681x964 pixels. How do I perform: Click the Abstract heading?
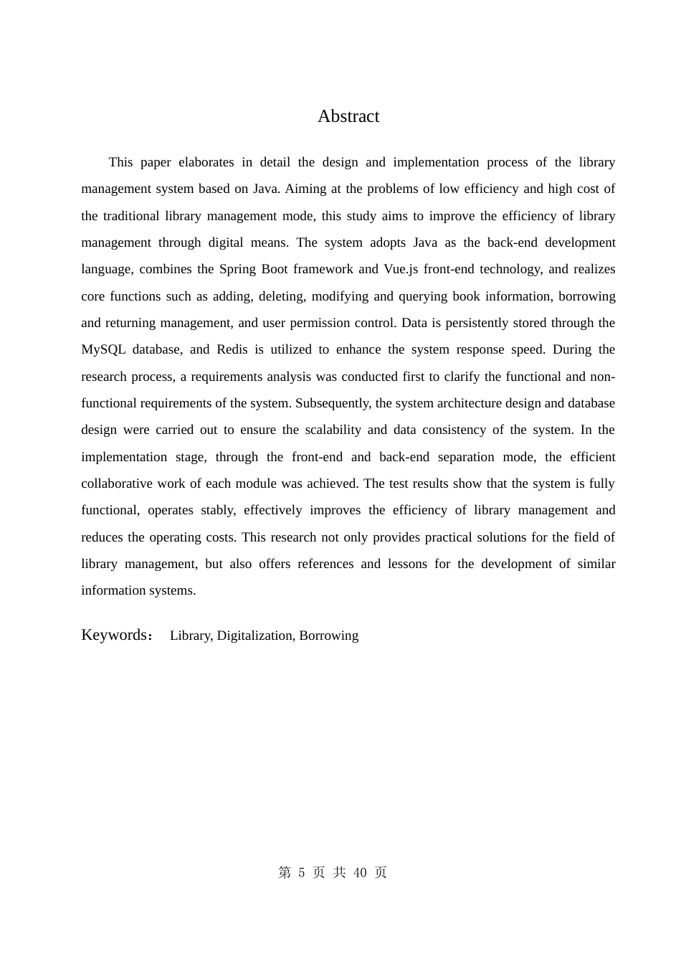click(348, 116)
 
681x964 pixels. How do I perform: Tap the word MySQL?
click(103, 349)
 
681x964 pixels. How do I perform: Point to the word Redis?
click(232, 349)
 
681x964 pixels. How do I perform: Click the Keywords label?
click(114, 635)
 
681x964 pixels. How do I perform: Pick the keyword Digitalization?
click(255, 635)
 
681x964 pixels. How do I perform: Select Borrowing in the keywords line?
click(328, 635)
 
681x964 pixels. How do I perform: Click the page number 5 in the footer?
click(302, 872)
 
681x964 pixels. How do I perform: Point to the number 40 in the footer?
click(360, 872)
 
